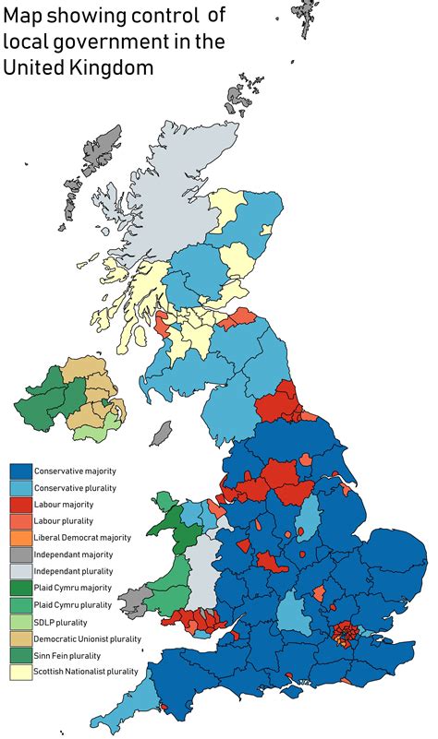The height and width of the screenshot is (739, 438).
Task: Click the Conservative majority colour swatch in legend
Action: [21, 471]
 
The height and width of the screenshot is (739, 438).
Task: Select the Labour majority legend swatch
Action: [21, 505]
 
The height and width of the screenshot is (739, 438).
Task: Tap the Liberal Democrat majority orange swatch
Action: [21, 538]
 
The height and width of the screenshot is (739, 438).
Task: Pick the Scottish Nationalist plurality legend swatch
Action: [21, 672]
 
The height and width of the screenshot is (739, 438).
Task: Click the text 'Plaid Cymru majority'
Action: [72, 588]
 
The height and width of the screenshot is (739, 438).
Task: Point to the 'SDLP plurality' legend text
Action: [61, 621]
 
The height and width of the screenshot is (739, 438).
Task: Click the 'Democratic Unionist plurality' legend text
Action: [87, 638]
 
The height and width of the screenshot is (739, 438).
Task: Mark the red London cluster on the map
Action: [345, 634]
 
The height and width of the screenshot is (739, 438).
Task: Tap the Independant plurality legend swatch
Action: [21, 571]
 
